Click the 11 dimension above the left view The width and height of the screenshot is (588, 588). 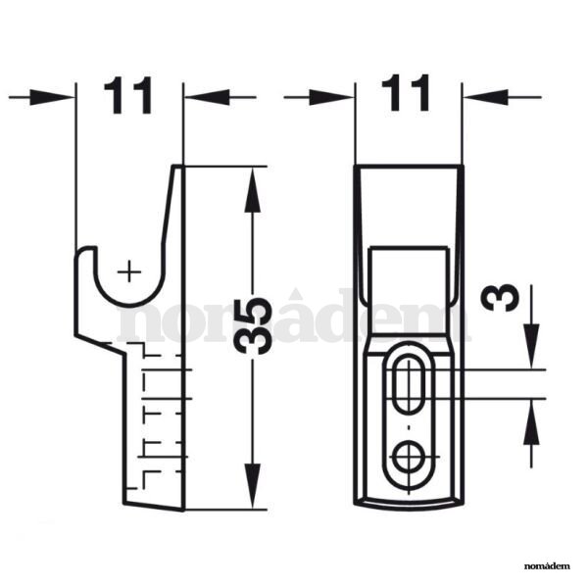click(128, 95)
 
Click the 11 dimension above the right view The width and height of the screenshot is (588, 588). click(406, 93)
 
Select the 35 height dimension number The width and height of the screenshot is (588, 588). click(253, 325)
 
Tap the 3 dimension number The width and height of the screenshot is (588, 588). click(500, 297)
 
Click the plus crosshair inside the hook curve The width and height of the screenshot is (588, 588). click(129, 271)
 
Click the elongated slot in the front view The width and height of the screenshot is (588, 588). click(409, 384)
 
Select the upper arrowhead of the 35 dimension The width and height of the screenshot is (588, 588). click(253, 190)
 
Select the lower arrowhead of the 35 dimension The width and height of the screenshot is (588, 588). click(253, 486)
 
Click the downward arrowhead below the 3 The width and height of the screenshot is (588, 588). click(531, 346)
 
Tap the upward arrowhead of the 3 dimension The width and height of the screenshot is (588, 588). click(531, 422)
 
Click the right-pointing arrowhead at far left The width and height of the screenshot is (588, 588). click(52, 97)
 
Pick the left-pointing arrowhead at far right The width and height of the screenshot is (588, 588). click(486, 97)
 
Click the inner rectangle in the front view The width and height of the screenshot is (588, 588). click(409, 290)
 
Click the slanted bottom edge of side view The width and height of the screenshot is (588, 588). click(153, 507)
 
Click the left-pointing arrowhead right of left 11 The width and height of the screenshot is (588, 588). click(208, 97)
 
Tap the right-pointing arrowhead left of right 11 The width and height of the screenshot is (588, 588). click(331, 97)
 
